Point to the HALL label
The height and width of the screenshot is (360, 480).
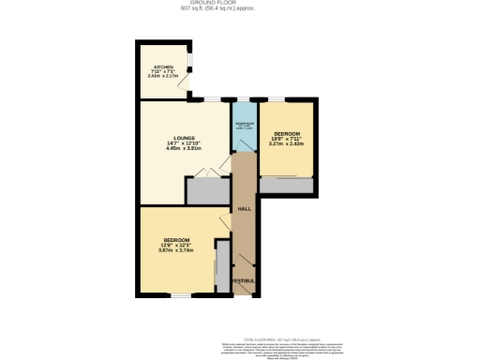(244, 208)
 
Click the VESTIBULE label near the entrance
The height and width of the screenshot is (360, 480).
(244, 280)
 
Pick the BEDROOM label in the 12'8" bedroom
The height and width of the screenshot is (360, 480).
(175, 241)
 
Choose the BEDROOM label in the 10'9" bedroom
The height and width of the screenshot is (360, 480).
(285, 134)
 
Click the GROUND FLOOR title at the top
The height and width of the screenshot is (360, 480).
(239, 3)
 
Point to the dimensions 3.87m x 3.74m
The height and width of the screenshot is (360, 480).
(175, 251)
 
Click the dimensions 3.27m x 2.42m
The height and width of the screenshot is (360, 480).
(285, 144)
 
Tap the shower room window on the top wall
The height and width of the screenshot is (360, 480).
(244, 98)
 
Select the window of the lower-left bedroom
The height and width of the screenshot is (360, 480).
(176, 295)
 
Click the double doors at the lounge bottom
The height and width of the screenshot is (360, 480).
(208, 172)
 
